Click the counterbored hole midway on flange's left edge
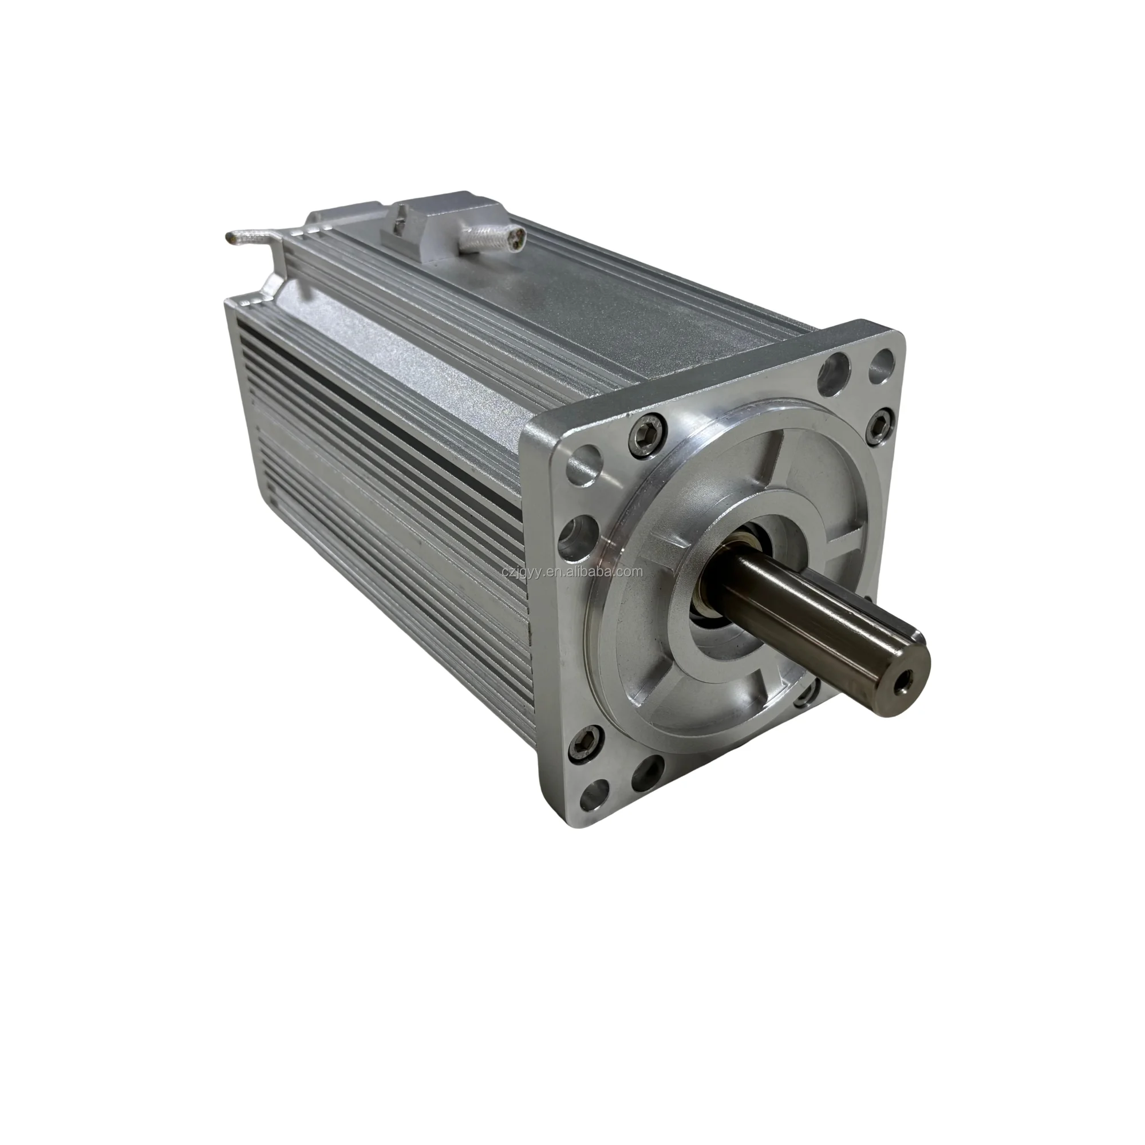pos(579,528)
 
